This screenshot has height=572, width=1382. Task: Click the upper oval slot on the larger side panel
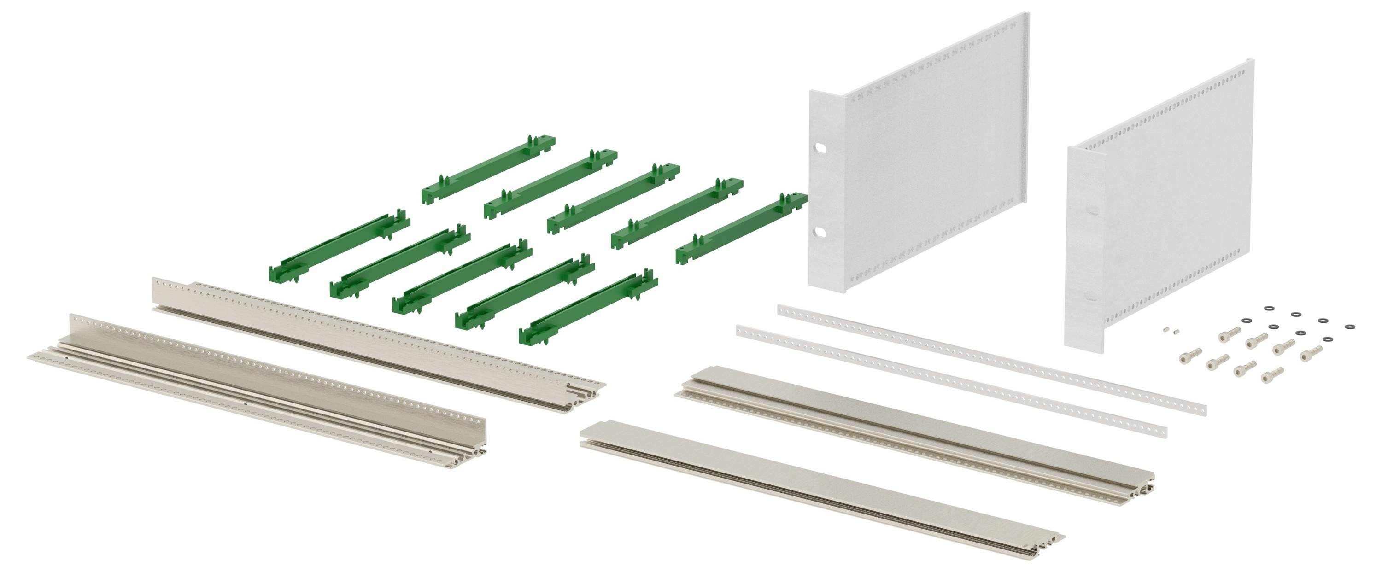pos(820,147)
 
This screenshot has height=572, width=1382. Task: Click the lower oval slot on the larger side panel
pos(820,232)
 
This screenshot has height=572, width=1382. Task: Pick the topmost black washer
pos(1269,308)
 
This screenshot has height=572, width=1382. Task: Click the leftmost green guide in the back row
pos(488,169)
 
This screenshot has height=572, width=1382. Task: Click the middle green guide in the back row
pos(614,198)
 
